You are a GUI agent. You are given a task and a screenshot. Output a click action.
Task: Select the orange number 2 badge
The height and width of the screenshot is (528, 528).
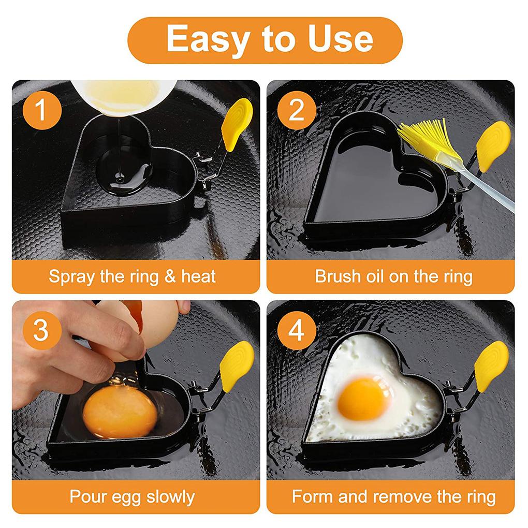(297, 110)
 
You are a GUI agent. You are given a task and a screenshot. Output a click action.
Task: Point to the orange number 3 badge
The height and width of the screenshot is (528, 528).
(42, 330)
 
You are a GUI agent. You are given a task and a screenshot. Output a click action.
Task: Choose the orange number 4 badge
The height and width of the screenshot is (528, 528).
(297, 330)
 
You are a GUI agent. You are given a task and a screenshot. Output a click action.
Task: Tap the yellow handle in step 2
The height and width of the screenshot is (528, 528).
(493, 145)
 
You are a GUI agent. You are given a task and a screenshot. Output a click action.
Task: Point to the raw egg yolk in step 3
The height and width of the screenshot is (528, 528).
(120, 412)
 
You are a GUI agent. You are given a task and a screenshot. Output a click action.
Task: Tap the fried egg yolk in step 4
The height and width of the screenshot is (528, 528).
(364, 399)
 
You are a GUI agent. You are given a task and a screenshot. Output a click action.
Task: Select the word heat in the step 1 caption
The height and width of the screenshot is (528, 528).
(198, 276)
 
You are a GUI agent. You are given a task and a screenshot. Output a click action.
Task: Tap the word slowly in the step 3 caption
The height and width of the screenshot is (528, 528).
(171, 497)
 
